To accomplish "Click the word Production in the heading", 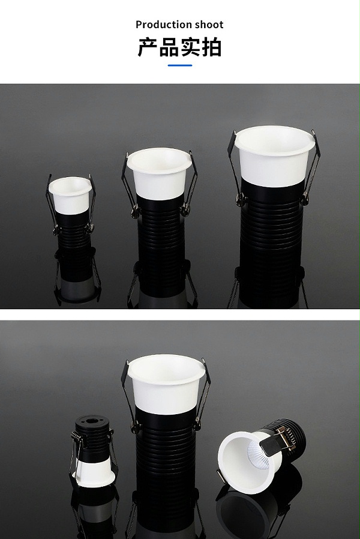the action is pos(164,25).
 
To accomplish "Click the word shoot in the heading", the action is pos(209,25).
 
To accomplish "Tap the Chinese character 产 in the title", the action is pos(148,47).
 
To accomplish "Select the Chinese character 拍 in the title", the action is pos(211,47).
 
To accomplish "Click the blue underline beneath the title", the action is pos(179,65).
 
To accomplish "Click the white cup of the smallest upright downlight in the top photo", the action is pos(70,195).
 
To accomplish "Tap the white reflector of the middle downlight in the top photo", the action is pos(159,173).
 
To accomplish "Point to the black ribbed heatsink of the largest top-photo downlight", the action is pos(271,237).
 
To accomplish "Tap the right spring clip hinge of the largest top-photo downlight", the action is pos(305,199).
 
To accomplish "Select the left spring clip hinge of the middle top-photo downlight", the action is pos(135,209).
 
